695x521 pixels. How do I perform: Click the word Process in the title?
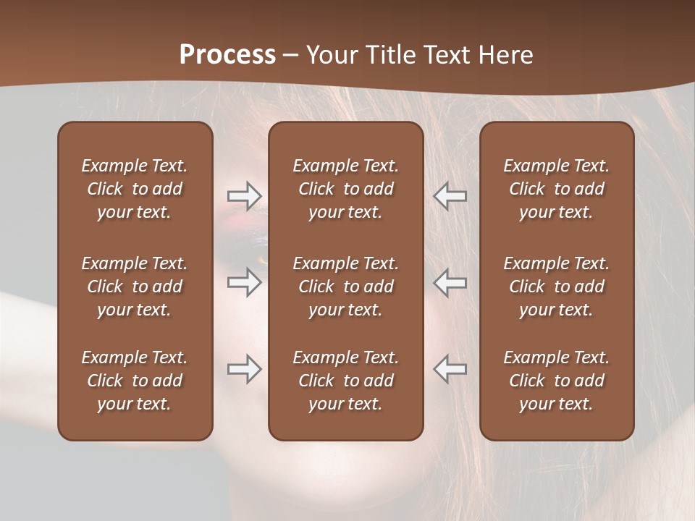click(227, 55)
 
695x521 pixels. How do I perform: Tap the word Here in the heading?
click(505, 55)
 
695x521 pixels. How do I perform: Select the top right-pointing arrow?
click(244, 196)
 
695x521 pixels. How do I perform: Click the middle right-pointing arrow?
click(244, 282)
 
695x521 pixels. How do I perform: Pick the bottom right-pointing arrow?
click(244, 369)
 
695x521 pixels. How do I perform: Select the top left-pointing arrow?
click(450, 196)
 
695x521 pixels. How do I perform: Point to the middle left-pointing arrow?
click(450, 282)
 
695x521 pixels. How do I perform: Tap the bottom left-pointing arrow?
click(450, 369)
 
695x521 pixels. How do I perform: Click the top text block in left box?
click(135, 189)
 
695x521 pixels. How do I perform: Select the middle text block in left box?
click(135, 287)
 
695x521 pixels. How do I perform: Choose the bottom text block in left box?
click(135, 381)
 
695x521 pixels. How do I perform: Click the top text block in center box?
click(345, 189)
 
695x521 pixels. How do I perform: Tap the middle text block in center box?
click(345, 287)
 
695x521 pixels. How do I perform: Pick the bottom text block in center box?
click(345, 381)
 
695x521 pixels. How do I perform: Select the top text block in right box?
click(556, 189)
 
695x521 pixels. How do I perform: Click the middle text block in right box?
click(556, 287)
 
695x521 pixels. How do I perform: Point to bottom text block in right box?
click(556, 381)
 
